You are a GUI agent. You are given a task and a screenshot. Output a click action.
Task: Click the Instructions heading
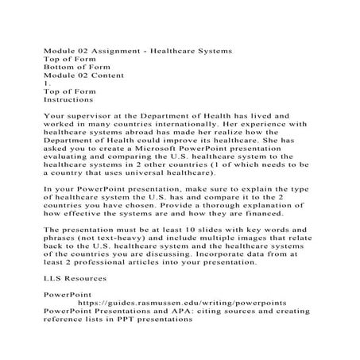tap(68, 100)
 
